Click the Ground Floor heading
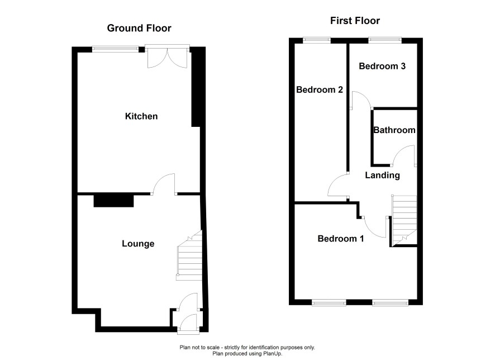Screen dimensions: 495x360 139,28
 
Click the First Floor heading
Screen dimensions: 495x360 355,21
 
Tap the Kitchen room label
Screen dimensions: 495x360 141,116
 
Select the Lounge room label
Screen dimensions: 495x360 138,244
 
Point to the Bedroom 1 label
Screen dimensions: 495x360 341,239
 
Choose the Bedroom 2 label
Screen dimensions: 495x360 320,89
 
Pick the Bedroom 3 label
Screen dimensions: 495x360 382,66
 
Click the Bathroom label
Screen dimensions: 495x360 394,130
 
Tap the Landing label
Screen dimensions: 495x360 382,176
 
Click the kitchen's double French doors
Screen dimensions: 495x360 167,57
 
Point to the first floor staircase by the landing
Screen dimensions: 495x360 404,220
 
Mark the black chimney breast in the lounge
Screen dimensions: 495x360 113,201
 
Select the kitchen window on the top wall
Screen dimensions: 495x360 116,49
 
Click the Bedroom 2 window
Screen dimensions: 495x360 317,40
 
